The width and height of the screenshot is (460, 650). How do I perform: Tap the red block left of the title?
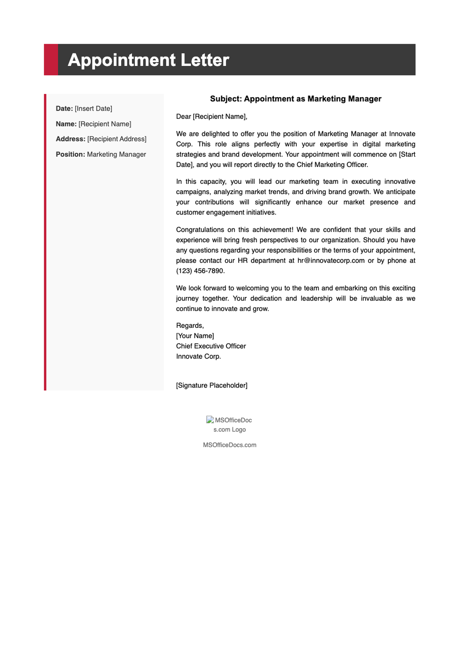[51, 60]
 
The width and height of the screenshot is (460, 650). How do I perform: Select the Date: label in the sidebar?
[64, 109]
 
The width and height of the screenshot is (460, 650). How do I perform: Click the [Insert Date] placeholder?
[94, 109]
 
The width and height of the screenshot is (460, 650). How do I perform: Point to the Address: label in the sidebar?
[71, 139]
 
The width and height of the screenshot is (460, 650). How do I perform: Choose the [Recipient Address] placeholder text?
[117, 139]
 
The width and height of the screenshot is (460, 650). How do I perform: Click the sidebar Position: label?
[70, 154]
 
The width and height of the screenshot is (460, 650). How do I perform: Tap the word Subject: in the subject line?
[226, 99]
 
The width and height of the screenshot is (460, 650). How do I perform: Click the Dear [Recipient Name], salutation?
[212, 116]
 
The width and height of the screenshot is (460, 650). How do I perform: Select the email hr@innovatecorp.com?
[331, 260]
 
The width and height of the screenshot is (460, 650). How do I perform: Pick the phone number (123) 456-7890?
[200, 271]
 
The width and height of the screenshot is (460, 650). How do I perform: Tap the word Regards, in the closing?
[190, 326]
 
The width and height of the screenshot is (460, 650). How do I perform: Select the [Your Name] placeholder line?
[195, 336]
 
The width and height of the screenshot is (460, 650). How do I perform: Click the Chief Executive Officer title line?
[211, 346]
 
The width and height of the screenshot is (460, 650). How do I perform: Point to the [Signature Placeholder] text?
[212, 385]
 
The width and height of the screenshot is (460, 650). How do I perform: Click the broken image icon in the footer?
[210, 420]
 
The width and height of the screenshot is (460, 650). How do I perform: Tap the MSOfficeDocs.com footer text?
[230, 445]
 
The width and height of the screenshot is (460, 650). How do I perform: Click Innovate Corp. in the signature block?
[198, 357]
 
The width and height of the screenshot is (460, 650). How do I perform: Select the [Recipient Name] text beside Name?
[105, 124]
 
